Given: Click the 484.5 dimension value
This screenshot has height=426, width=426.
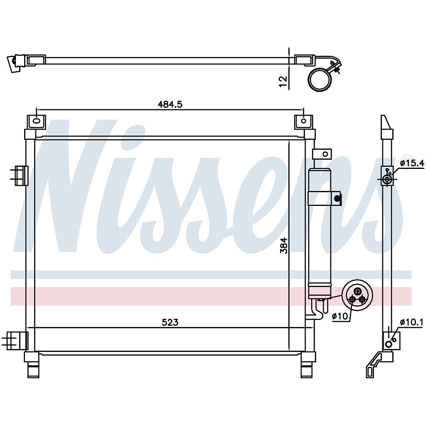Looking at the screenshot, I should coord(170,105).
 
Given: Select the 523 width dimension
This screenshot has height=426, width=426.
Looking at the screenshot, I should coord(170,322).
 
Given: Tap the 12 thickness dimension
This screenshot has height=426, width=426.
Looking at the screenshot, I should coord(283,81).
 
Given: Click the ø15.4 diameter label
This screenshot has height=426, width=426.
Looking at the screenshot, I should coord(412,163).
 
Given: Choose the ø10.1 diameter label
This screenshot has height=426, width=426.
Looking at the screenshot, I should coord(411,322).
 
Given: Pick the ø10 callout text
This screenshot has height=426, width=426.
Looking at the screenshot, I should coord(340,317).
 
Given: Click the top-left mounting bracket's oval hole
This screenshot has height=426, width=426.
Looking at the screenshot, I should coord(36,121).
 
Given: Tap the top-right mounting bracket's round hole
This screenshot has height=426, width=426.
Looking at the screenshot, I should coord(303,121).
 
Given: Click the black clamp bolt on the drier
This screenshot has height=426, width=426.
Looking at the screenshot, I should coord(337,198).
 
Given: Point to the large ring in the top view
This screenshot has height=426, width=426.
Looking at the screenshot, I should coord(320,79).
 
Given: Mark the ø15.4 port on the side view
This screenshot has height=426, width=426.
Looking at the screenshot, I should coord(387,180).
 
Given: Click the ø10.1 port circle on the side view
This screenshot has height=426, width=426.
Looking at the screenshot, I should coord(389,344).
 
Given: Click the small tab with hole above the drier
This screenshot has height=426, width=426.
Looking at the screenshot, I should coord(323,154).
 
